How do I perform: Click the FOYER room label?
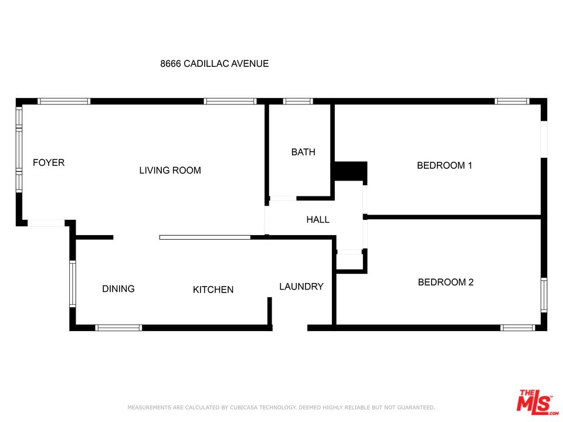(x=49, y=162)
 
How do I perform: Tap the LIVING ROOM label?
(x=170, y=170)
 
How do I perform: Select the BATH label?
(x=303, y=152)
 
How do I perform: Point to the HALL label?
(x=318, y=220)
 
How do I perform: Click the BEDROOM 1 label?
(x=445, y=165)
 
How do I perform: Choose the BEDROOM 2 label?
(x=446, y=282)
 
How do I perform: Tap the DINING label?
(x=118, y=288)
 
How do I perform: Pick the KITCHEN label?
(x=213, y=290)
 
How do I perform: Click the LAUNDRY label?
(x=301, y=287)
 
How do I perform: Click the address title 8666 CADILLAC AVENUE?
(x=215, y=63)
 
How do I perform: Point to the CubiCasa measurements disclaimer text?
(x=281, y=407)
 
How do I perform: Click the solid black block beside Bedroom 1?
(x=351, y=171)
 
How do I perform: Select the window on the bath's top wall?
(x=298, y=101)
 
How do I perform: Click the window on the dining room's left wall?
(x=73, y=284)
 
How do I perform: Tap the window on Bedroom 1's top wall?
(x=511, y=101)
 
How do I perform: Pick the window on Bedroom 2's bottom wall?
(x=517, y=328)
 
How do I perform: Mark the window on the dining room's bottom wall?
(x=118, y=328)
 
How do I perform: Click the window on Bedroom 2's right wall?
(x=544, y=295)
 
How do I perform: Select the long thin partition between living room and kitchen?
(x=205, y=237)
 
